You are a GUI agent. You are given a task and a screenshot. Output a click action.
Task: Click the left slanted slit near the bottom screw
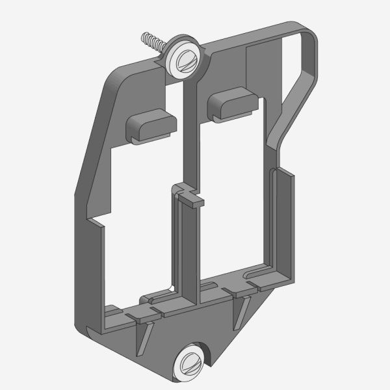pos(144,338)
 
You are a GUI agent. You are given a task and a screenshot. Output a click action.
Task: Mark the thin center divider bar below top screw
pos(190,130)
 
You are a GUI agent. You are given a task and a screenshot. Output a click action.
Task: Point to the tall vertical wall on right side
pos(284,221)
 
